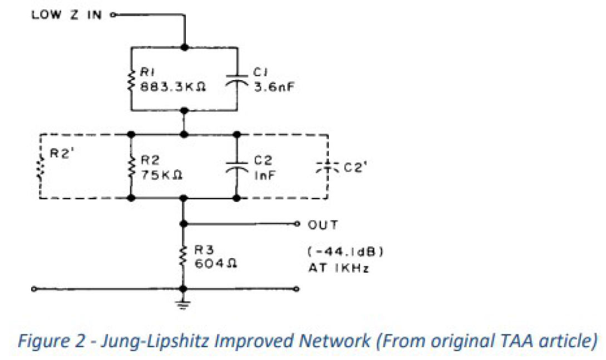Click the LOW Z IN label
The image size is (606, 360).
click(66, 14)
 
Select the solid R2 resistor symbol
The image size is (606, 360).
click(131, 165)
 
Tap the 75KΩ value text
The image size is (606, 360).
click(161, 174)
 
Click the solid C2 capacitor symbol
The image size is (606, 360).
click(238, 165)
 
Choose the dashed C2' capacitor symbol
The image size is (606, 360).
click(327, 166)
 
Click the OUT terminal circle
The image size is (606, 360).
click(297, 224)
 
